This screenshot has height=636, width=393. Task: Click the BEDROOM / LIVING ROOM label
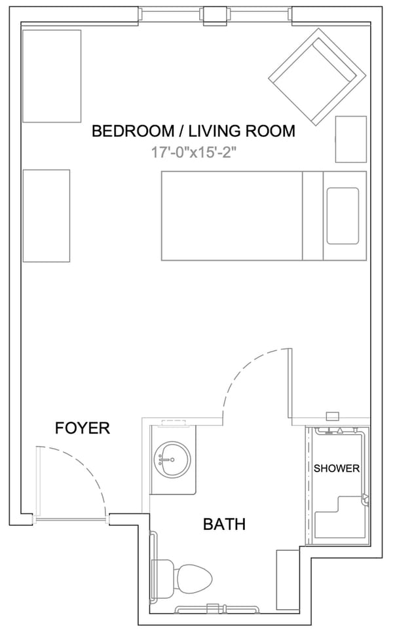click(x=193, y=131)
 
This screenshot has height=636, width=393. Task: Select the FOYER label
click(x=82, y=428)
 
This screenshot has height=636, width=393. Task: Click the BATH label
click(x=224, y=524)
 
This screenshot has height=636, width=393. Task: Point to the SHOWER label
click(x=336, y=468)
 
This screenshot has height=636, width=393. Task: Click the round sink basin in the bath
click(x=172, y=460)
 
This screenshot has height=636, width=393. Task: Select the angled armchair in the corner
click(x=318, y=77)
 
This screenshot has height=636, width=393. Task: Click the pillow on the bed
click(x=343, y=215)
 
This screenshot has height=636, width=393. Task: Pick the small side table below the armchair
click(x=350, y=138)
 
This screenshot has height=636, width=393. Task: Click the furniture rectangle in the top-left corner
click(x=52, y=76)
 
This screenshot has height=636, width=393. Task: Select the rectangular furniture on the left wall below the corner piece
click(x=46, y=215)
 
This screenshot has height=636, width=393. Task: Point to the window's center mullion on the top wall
click(x=214, y=14)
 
